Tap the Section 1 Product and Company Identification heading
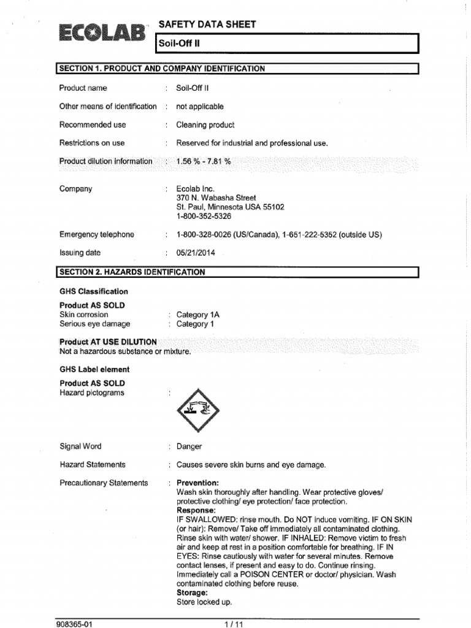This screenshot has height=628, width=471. pos(163,69)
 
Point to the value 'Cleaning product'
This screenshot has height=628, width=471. pos(205,124)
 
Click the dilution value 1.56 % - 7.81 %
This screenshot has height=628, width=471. pos(204,161)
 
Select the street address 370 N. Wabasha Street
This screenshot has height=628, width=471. pos(216,198)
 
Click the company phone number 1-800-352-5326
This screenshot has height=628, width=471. pos(204,216)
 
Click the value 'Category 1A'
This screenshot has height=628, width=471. pos(198,315)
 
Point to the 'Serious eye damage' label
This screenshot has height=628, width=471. pos(94,324)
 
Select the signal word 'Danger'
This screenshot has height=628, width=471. pos(189,446)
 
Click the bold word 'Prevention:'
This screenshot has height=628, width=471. pos(197,483)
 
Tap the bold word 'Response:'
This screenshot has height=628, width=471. pos(196,510)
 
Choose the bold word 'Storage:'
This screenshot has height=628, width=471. pos(193,593)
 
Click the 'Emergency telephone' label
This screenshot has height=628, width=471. pos(97,234)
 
